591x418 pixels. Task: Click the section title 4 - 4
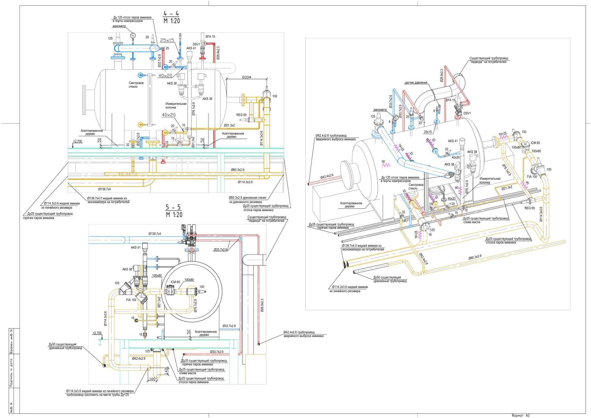[171, 14]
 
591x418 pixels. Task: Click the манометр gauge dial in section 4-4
[132, 35]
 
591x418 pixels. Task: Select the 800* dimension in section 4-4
[246, 78]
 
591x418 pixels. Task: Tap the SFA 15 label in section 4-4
[210, 37]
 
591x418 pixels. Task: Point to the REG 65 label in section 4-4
[242, 115]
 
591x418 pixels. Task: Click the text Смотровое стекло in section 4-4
[136, 85]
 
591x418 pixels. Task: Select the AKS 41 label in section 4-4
[191, 48]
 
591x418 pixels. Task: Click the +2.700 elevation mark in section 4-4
[78, 141]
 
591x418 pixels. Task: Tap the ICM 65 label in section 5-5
[175, 282]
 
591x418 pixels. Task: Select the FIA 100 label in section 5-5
[131, 300]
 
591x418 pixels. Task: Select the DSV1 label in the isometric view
[467, 113]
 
